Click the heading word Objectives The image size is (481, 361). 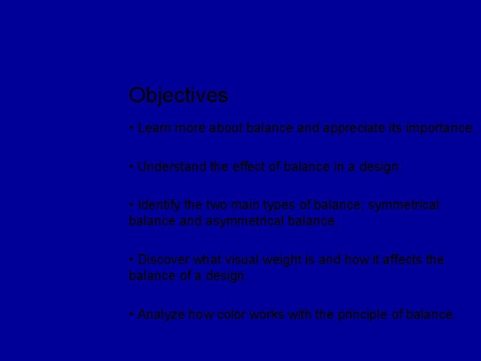(178, 96)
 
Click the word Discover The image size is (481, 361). (165, 259)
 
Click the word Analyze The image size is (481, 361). (163, 314)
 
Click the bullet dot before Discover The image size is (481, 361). (132, 259)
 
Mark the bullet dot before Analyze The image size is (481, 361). (132, 314)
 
